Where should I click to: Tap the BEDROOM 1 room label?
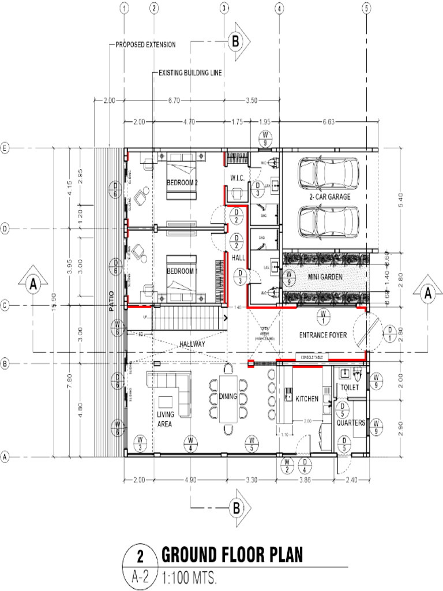[x=182, y=271]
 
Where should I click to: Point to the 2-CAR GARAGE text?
[x=329, y=196]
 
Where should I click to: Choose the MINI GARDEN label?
[x=325, y=277]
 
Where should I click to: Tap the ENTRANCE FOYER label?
[x=323, y=335]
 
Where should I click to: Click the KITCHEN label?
[x=307, y=399]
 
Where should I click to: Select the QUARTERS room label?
[x=351, y=422]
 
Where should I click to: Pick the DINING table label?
[x=228, y=396]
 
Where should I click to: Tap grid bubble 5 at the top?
[x=366, y=8]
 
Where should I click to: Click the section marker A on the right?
[x=428, y=292]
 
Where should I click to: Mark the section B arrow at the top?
[x=236, y=42]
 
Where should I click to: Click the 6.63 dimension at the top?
[x=329, y=122]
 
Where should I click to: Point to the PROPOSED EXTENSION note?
[x=145, y=44]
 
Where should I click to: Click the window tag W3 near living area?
[x=140, y=443]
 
